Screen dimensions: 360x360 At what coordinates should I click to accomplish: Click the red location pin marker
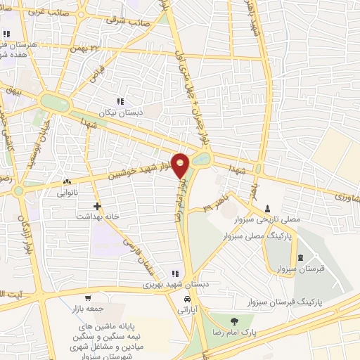(181, 165)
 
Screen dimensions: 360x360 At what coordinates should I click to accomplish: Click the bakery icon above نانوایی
(66, 181)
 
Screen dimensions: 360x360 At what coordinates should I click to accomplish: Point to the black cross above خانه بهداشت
(97, 207)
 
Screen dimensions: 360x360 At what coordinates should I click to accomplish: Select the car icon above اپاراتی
(186, 300)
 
